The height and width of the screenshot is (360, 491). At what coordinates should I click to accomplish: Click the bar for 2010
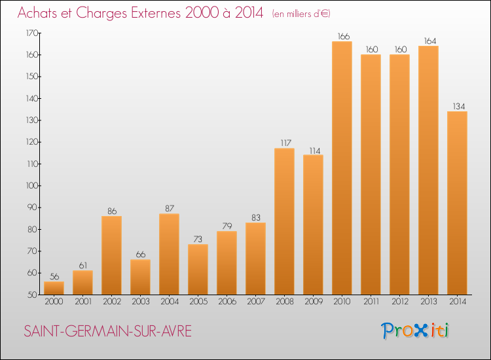coord(342,168)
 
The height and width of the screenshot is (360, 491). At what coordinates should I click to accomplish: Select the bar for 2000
coord(54,288)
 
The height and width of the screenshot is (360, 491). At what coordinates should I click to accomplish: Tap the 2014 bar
coord(457,203)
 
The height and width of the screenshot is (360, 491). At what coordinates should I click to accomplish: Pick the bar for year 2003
coord(140,277)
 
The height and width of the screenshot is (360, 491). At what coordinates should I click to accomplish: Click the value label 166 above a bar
coord(344,36)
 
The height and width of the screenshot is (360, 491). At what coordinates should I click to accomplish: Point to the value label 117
coord(286,143)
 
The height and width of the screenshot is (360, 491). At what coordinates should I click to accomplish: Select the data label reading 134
coord(459,107)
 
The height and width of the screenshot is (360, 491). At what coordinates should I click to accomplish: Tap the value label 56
coord(54,276)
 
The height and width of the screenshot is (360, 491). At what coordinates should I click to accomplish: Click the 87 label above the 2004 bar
coord(170,209)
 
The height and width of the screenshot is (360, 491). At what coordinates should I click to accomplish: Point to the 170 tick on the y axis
coord(32,33)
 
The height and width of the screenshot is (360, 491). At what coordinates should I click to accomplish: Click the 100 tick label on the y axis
coord(32,186)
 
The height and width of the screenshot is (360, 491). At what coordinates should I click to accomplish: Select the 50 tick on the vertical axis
coord(33,295)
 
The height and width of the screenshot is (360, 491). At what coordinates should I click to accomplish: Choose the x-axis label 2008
coord(285,302)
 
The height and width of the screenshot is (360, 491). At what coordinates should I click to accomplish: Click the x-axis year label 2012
coord(400,302)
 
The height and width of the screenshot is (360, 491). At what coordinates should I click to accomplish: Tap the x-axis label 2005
coord(198,302)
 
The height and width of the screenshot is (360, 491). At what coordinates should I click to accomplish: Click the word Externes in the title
coord(156,13)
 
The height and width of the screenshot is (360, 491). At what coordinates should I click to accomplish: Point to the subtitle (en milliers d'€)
coord(301,14)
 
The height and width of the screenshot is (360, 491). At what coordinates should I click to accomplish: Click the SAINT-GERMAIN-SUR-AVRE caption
coord(108,331)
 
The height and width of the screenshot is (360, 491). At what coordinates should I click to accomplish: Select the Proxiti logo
coord(415,331)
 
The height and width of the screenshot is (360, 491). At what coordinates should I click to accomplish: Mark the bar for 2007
coord(255,259)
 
